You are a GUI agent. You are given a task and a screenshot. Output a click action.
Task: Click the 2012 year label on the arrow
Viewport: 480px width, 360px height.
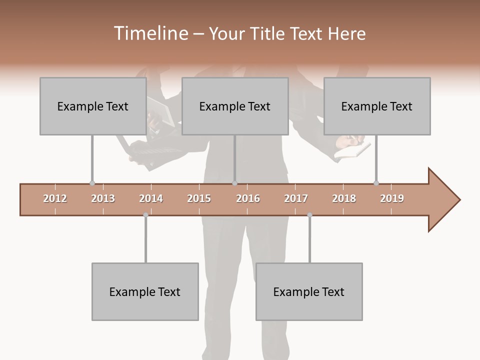tap(55, 198)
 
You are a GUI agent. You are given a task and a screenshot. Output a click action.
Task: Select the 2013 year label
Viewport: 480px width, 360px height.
tap(103, 198)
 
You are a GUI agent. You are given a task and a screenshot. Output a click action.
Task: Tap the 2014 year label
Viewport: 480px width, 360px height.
tap(151, 198)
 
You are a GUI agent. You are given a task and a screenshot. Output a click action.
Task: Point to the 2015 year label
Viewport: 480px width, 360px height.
tap(199, 198)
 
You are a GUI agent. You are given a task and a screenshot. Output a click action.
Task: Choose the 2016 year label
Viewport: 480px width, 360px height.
tap(248, 198)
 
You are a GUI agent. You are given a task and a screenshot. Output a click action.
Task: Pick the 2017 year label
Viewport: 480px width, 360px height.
tap(296, 198)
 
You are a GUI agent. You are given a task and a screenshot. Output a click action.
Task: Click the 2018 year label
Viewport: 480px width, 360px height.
tap(344, 198)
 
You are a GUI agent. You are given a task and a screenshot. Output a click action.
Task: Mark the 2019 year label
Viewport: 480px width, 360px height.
tap(392, 198)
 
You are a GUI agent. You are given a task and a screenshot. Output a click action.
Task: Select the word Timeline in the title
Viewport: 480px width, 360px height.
tap(149, 33)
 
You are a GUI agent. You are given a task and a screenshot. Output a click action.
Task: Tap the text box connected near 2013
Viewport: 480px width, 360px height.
tap(92, 106)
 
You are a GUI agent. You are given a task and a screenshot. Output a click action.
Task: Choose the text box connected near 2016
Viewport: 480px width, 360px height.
tap(234, 106)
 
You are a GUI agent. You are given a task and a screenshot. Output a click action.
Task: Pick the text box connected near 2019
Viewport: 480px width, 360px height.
tap(376, 106)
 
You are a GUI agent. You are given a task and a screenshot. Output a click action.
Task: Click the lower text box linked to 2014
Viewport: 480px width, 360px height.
tap(145, 291)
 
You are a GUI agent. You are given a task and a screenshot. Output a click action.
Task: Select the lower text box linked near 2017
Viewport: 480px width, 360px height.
tap(309, 291)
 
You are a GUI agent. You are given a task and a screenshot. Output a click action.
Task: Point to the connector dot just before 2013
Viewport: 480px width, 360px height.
tap(92, 183)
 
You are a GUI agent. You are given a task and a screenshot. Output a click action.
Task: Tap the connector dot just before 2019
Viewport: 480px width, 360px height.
tap(376, 183)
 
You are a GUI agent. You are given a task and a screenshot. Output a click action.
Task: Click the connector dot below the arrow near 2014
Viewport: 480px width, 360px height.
tap(145, 215)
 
